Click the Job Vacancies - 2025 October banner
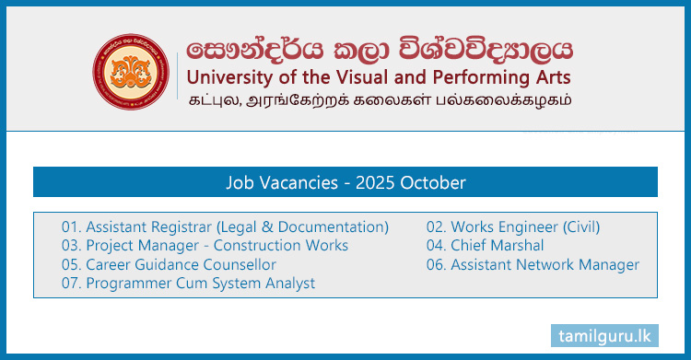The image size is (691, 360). tap(345, 182)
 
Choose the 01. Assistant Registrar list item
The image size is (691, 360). tap(225, 226)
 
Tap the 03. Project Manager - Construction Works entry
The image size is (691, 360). tap(205, 245)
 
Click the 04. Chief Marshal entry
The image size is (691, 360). tap(485, 245)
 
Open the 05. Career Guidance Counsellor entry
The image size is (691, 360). tap(169, 264)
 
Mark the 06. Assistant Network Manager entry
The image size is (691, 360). tap(533, 264)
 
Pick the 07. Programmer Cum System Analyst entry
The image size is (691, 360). tap(188, 284)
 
